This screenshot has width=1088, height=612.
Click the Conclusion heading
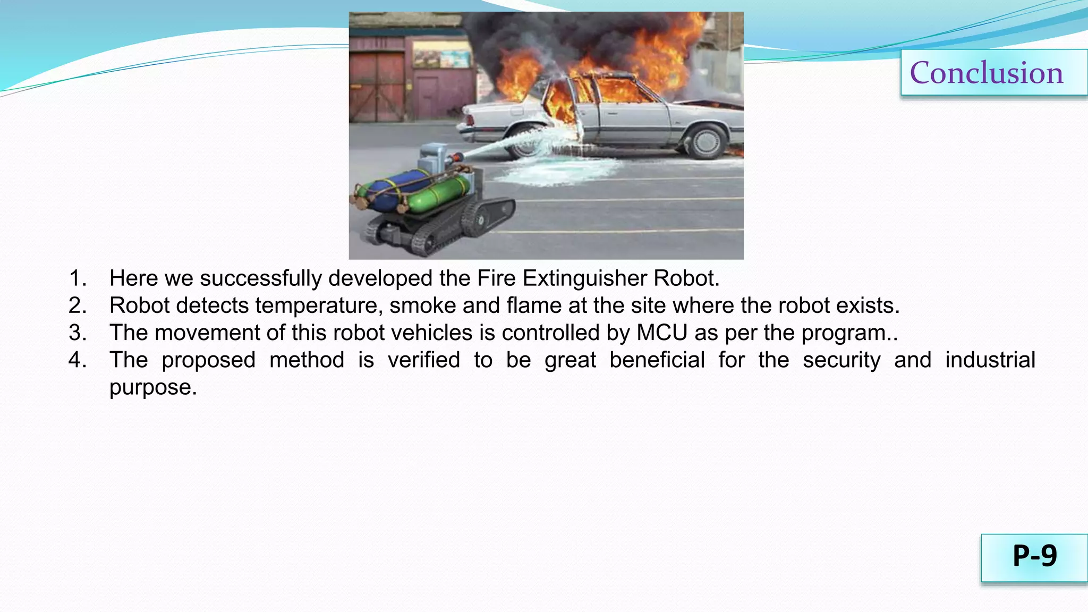coord(987,73)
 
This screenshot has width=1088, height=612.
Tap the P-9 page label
coord(1034,556)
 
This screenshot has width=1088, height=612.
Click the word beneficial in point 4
coord(657,360)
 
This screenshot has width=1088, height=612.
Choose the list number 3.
coord(77,333)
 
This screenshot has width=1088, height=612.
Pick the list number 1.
coord(77,278)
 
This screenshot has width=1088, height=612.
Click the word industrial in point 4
coord(990,360)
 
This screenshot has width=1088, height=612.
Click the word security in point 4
coord(841,360)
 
